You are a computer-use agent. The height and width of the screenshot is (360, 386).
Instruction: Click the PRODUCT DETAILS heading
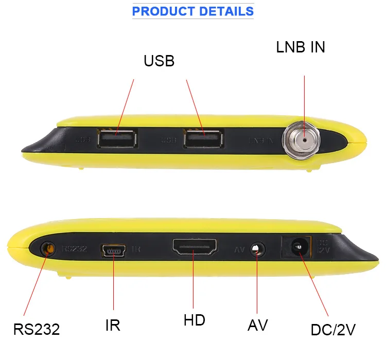click(193, 11)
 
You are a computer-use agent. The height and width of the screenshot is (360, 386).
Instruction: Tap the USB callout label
click(159, 61)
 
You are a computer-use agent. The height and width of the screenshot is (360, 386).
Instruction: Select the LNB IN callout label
click(301, 47)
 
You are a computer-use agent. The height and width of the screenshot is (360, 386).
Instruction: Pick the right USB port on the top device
click(203, 139)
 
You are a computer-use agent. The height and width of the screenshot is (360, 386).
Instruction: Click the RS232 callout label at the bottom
click(37, 329)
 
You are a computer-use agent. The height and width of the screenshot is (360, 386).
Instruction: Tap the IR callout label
click(112, 326)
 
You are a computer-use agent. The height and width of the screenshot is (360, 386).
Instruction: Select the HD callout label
click(195, 320)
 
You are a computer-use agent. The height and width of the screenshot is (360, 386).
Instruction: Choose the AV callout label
click(258, 325)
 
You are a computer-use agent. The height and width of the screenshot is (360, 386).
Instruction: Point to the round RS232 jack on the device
click(48, 249)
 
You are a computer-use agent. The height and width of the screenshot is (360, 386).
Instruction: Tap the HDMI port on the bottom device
click(195, 248)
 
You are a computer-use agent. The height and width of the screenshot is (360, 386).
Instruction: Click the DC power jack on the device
click(296, 247)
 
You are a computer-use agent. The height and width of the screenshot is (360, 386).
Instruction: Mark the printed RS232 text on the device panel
click(75, 248)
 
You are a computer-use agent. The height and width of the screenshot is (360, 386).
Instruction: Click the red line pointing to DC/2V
click(314, 285)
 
